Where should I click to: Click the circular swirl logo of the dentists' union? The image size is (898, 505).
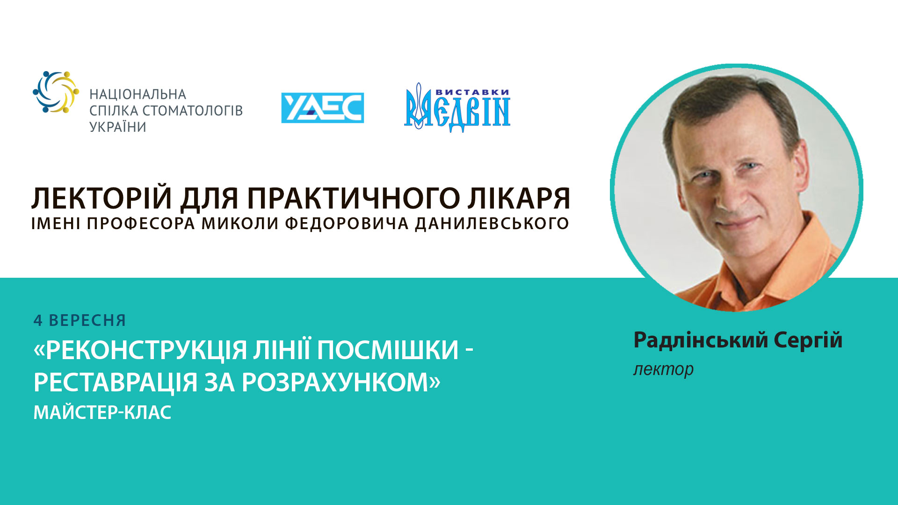tap(56, 92)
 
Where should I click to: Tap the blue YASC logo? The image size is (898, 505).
tap(322, 108)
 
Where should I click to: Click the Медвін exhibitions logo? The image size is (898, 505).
tap(457, 108)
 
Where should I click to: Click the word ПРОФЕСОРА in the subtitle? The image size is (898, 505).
tap(141, 224)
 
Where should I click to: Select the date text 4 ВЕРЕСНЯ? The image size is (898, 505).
tap(80, 320)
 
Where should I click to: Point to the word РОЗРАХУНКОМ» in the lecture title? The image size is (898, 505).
tap(341, 382)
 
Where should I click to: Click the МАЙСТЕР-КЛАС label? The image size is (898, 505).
tap(102, 412)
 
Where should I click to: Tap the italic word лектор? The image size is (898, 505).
tap(663, 369)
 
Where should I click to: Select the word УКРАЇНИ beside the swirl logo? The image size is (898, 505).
tap(118, 127)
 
